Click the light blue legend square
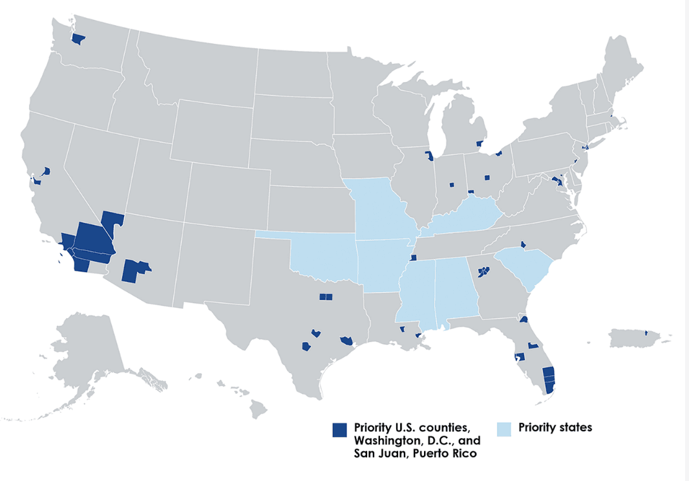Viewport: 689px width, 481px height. (x=504, y=429)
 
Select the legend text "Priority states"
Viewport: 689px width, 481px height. (x=555, y=427)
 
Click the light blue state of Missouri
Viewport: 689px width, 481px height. (x=381, y=207)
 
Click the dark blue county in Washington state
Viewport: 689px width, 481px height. (x=78, y=39)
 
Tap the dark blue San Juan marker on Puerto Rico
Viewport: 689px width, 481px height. (x=646, y=332)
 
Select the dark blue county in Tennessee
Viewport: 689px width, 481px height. (x=413, y=257)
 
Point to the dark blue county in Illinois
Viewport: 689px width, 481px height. (x=429, y=156)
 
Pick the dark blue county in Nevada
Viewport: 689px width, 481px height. (x=113, y=221)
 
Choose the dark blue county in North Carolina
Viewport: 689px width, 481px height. (x=523, y=244)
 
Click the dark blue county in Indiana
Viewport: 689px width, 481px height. (x=452, y=185)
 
